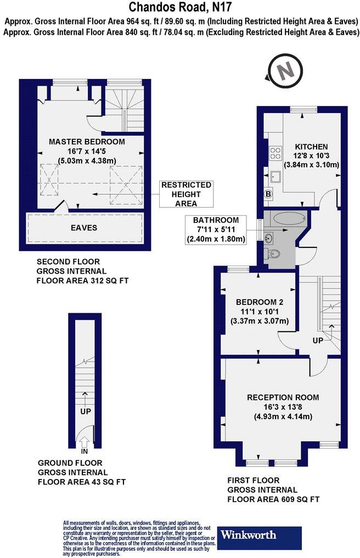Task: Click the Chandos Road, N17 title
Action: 180,7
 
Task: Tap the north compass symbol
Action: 285,72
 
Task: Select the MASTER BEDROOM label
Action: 87,142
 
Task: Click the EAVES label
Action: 83,227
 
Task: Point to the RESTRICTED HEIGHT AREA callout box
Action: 186,194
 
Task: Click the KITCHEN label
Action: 311,146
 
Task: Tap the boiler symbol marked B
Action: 268,193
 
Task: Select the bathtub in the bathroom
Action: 289,219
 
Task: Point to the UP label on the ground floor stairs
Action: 85,410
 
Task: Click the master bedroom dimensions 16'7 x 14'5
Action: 87,151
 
